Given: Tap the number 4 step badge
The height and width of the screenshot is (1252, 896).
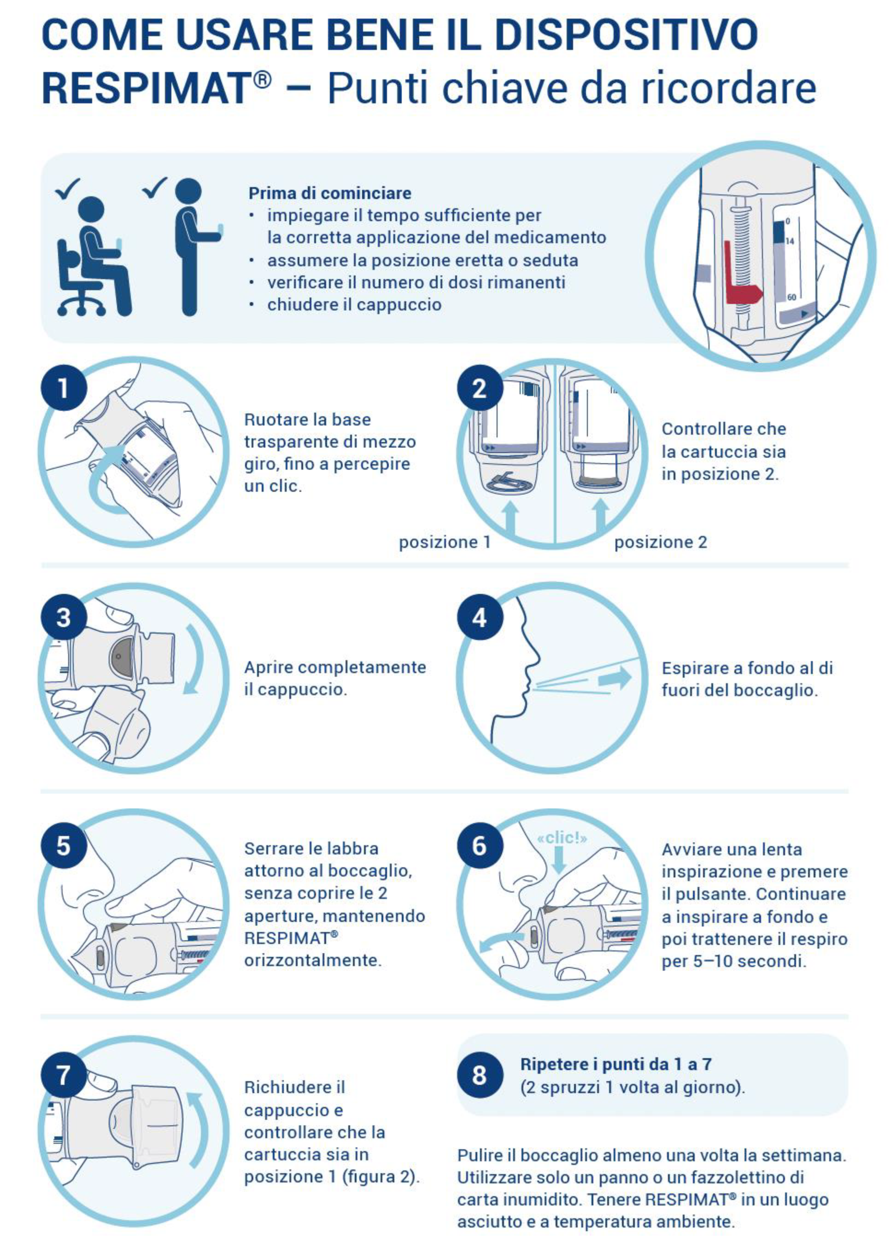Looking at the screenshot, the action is point(479,617).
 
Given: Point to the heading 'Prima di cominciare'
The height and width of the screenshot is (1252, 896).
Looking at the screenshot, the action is point(330,194).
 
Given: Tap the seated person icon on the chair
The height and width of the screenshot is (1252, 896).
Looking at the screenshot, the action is point(94,256).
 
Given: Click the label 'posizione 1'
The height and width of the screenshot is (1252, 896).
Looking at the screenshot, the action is point(445,542).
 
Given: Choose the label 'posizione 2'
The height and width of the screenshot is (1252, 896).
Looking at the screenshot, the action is point(660,542).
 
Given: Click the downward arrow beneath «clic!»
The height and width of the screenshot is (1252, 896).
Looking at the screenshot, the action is point(559,861).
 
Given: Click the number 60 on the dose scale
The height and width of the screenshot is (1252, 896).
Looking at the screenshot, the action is point(792,297).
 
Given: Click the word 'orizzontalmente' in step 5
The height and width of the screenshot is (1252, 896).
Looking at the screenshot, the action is point(313,960).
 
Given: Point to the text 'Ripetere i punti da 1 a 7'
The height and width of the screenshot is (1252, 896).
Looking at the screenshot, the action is point(616,1064).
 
